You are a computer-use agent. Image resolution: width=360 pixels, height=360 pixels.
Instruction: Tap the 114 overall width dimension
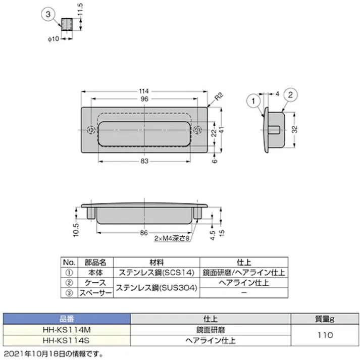[x=144, y=91]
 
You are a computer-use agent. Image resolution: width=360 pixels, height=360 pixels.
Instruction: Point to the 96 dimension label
[x=144, y=99]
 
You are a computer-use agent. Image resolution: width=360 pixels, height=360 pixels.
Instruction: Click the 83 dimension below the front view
[x=144, y=161]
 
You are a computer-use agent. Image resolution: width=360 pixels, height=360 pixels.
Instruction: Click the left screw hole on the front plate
[x=90, y=129]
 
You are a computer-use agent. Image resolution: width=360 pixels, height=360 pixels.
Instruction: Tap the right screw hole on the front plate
[x=198, y=129]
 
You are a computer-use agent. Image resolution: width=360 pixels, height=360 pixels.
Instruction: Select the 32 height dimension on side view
[x=302, y=129]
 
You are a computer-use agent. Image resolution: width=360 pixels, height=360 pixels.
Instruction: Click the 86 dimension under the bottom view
[x=144, y=233]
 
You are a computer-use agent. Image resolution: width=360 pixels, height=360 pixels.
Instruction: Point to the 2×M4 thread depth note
[x=172, y=239]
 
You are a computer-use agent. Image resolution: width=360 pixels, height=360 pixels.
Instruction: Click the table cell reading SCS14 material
[x=157, y=273]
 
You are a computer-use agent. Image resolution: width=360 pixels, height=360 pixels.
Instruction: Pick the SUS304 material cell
[x=157, y=288]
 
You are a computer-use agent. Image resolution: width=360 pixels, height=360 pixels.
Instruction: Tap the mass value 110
[x=325, y=334]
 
